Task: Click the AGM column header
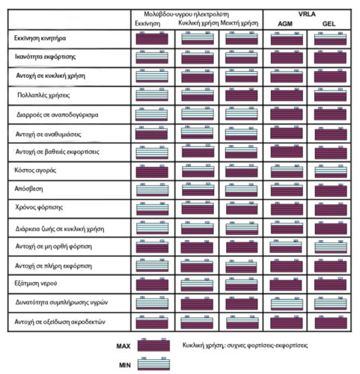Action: [x=285, y=24]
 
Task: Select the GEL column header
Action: [x=329, y=24]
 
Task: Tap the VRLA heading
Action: [x=307, y=14]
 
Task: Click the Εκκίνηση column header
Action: [x=147, y=24]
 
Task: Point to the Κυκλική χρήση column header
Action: [x=198, y=23]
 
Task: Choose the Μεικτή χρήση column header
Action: [x=240, y=23]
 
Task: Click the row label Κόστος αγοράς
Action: [x=35, y=171]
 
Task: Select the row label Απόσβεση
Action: [x=28, y=188]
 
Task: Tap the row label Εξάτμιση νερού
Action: [x=36, y=283]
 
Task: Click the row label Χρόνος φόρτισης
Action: [x=39, y=207]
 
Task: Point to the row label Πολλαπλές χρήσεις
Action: [x=43, y=95]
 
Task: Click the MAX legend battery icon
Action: [x=153, y=345]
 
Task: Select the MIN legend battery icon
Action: [x=153, y=364]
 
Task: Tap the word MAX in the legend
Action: [x=123, y=346]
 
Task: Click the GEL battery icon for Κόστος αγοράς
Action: [x=331, y=171]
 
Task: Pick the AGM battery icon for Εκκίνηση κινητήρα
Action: [x=287, y=38]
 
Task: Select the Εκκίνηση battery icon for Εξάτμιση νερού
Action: [x=152, y=284]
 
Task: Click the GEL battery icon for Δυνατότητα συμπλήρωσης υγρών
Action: [x=331, y=303]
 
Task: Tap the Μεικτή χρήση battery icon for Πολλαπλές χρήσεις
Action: [x=242, y=95]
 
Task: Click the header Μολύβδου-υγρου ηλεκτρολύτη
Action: [x=186, y=14]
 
